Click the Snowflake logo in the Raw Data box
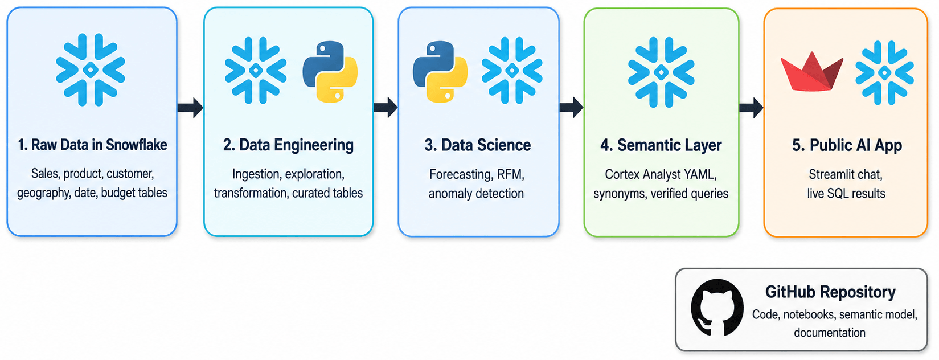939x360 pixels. (x=91, y=70)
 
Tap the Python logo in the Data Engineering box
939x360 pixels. (x=330, y=72)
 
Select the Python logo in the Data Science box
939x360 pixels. (x=440, y=72)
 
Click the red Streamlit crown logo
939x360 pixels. (x=811, y=72)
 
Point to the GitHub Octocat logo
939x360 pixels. (x=717, y=308)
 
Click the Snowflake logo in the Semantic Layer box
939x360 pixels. (x=661, y=72)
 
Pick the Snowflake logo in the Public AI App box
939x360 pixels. (x=884, y=72)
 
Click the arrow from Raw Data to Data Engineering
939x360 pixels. (x=190, y=108)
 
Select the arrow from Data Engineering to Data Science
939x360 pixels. (x=386, y=108)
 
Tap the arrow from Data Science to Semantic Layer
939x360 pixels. (x=571, y=108)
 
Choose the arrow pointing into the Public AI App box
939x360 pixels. (x=751, y=108)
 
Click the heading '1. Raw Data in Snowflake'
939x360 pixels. (x=92, y=145)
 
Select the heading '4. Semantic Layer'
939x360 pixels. (x=661, y=145)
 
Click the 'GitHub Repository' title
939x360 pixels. (x=830, y=292)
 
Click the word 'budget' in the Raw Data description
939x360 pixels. (x=117, y=193)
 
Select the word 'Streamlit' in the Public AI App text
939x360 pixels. (x=834, y=174)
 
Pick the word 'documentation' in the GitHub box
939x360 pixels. (x=830, y=332)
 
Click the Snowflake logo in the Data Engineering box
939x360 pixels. (x=256, y=71)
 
